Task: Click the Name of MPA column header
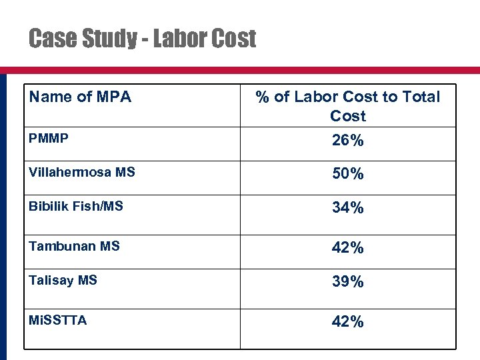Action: coord(80,97)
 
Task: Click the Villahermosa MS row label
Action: coord(82,172)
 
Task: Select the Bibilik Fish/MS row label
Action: coord(76,206)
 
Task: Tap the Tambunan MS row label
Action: coord(74,246)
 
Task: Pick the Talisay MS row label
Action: coord(63,280)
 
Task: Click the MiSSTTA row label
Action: coord(57,320)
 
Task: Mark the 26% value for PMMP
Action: coord(348,141)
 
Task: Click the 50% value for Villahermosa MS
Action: coord(348,174)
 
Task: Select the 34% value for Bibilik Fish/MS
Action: coord(348,208)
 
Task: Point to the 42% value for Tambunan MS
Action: coord(348,248)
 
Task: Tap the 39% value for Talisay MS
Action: coord(348,282)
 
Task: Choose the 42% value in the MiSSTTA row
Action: coord(348,322)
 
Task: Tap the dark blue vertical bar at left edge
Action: coord(3,213)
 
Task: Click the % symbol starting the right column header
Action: coord(263,97)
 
